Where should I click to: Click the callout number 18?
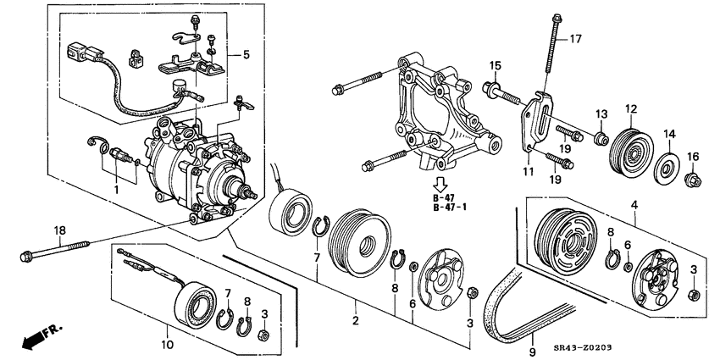point(58,230)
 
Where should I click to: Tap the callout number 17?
point(575,38)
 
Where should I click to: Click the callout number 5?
point(246,55)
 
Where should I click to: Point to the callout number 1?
point(116,191)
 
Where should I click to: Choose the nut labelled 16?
point(693,179)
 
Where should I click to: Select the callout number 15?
point(496,65)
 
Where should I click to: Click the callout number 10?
point(166,346)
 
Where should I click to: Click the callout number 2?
point(356,321)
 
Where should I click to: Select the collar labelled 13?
point(600,138)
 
